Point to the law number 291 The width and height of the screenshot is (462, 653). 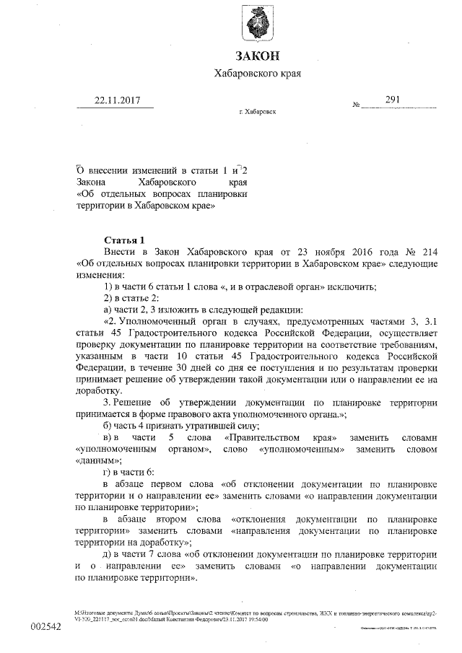(393, 100)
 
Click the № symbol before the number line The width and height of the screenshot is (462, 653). (356, 105)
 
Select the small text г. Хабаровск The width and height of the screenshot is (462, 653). (257, 113)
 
